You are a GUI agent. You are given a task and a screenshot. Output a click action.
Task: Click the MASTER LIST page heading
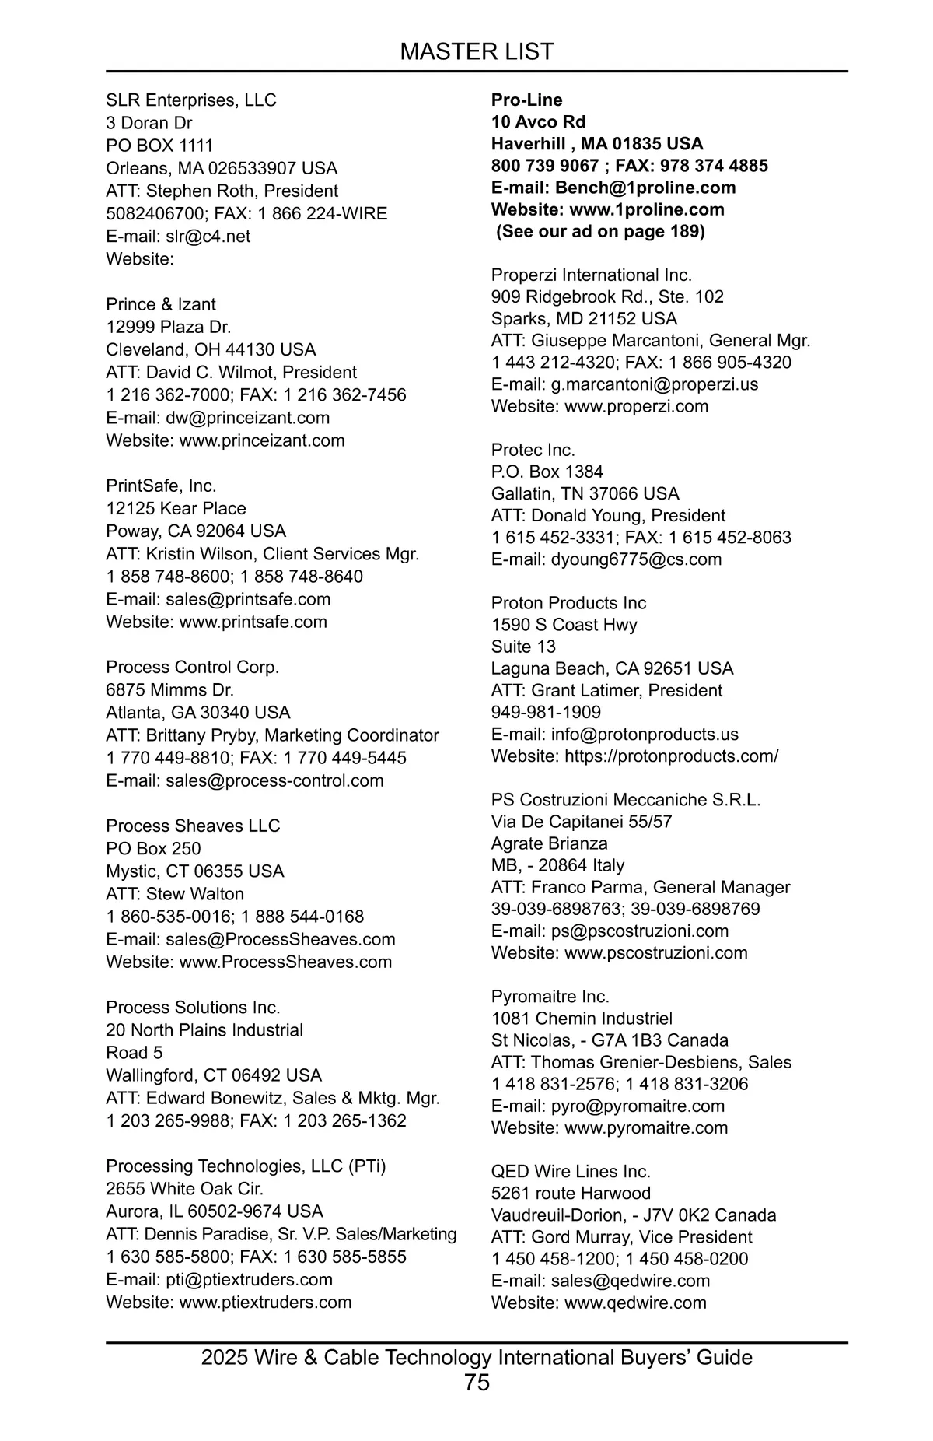point(477,51)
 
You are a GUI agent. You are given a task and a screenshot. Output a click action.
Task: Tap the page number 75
point(477,1382)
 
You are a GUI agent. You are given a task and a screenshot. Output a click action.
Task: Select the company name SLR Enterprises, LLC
point(191,100)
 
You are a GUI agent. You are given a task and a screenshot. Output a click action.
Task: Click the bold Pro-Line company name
point(526,100)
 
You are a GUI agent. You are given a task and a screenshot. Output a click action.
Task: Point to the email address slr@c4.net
point(208,236)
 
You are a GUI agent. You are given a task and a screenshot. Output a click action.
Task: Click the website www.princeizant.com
point(262,440)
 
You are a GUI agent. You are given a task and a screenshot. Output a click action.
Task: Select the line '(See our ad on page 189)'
point(600,231)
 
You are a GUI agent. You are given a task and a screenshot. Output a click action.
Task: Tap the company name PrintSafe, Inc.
point(161,486)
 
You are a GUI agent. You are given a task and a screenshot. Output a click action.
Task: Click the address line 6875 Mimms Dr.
point(169,689)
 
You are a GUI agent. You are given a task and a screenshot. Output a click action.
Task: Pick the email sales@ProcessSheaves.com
point(280,939)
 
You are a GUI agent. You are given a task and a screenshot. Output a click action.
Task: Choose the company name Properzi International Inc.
point(591,275)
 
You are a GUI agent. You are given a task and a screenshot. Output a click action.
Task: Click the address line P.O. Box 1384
point(547,472)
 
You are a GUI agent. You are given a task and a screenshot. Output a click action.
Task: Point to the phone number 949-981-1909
point(546,712)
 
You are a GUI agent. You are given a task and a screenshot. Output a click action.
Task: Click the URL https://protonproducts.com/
point(671,756)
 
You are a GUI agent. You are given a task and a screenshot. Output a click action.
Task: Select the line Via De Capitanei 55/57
point(582,822)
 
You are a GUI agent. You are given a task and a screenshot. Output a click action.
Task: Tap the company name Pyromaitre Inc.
point(550,997)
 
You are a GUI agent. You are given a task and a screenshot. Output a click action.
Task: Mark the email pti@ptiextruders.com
point(249,1279)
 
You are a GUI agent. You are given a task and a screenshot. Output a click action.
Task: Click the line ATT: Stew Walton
point(175,894)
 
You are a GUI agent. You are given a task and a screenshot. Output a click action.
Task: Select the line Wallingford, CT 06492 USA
point(214,1075)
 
